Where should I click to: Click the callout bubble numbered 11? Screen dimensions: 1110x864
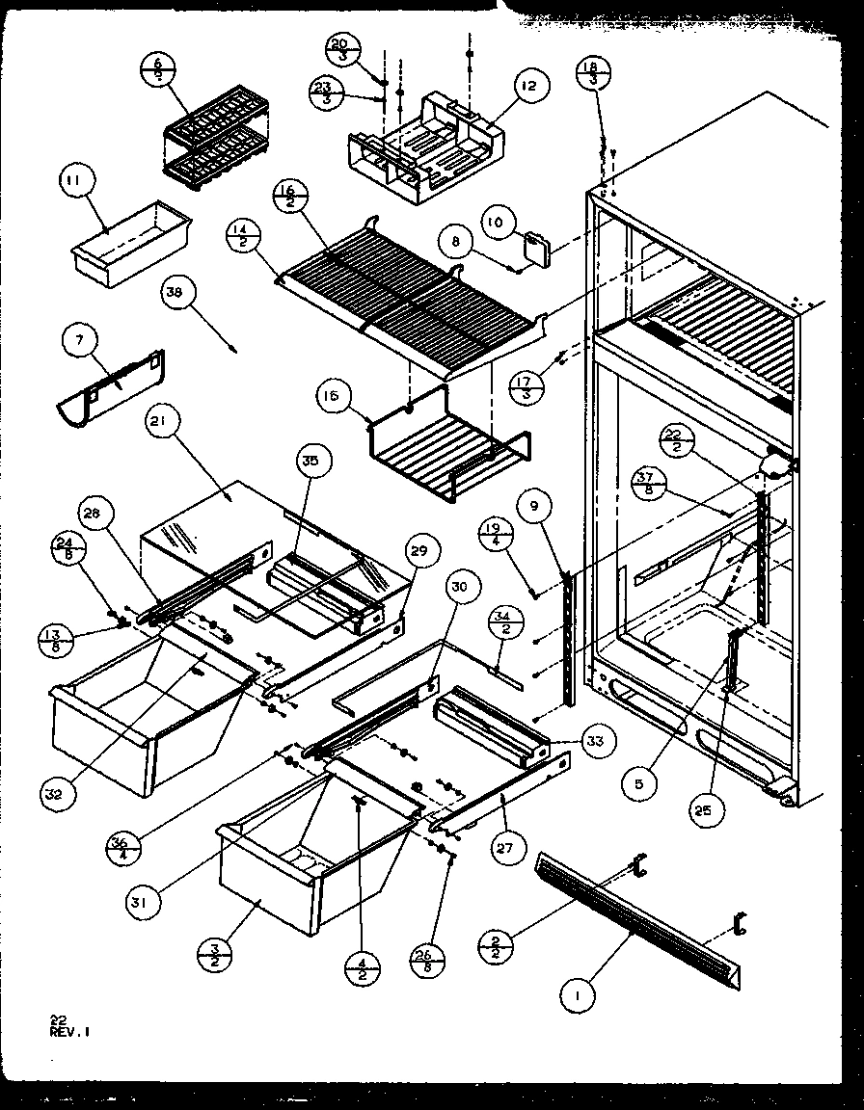(75, 180)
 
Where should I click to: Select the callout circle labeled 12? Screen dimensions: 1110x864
(529, 87)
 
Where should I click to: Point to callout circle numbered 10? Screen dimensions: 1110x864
(495, 223)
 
